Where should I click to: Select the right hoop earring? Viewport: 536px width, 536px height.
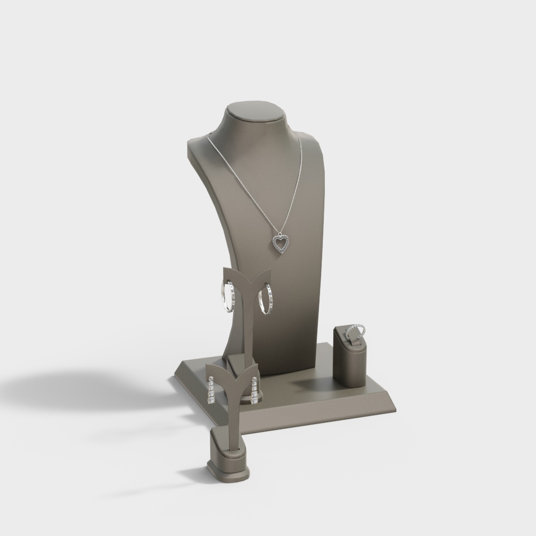pos(266,299)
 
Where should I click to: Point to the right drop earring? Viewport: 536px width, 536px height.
pos(254,390)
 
